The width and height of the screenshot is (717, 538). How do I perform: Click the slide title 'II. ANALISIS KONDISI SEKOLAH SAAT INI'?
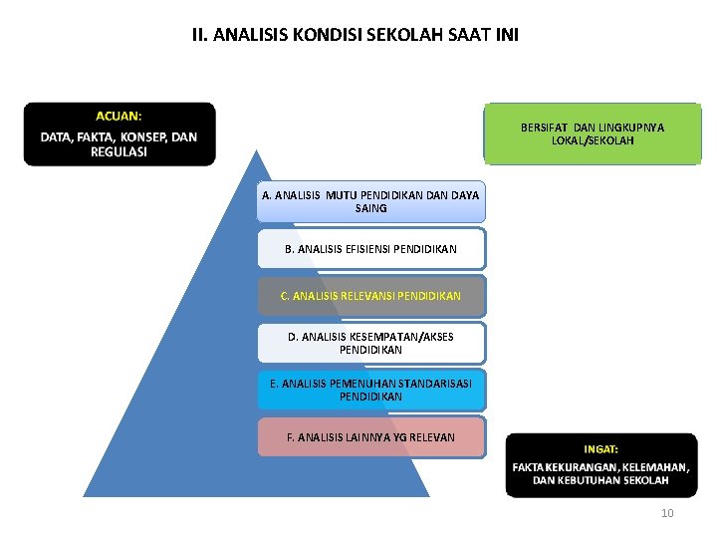pyautogui.click(x=356, y=35)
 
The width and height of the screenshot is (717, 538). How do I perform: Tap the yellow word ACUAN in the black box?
pyautogui.click(x=119, y=117)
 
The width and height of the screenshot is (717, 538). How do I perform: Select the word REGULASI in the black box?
pyautogui.click(x=119, y=152)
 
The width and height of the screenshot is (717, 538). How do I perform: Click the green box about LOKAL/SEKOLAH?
pyautogui.click(x=593, y=134)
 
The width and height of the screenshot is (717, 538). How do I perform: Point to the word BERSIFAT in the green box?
pyautogui.click(x=545, y=128)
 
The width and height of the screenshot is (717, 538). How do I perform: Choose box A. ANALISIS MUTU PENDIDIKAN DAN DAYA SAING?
pyautogui.click(x=370, y=202)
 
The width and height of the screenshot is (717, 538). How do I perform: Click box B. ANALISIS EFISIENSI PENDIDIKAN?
pyautogui.click(x=370, y=249)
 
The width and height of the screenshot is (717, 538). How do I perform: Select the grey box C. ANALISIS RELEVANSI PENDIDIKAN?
pyautogui.click(x=370, y=296)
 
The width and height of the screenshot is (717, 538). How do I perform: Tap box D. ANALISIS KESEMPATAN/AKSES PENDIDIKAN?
pyautogui.click(x=370, y=343)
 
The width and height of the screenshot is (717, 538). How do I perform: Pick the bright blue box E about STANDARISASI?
pyautogui.click(x=370, y=390)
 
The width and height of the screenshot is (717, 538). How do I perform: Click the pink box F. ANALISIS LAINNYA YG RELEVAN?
pyautogui.click(x=370, y=437)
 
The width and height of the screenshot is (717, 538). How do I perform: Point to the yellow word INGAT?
pyautogui.click(x=600, y=449)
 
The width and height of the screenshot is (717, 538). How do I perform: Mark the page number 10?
pyautogui.click(x=667, y=513)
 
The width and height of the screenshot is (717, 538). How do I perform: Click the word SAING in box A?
pyautogui.click(x=370, y=208)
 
